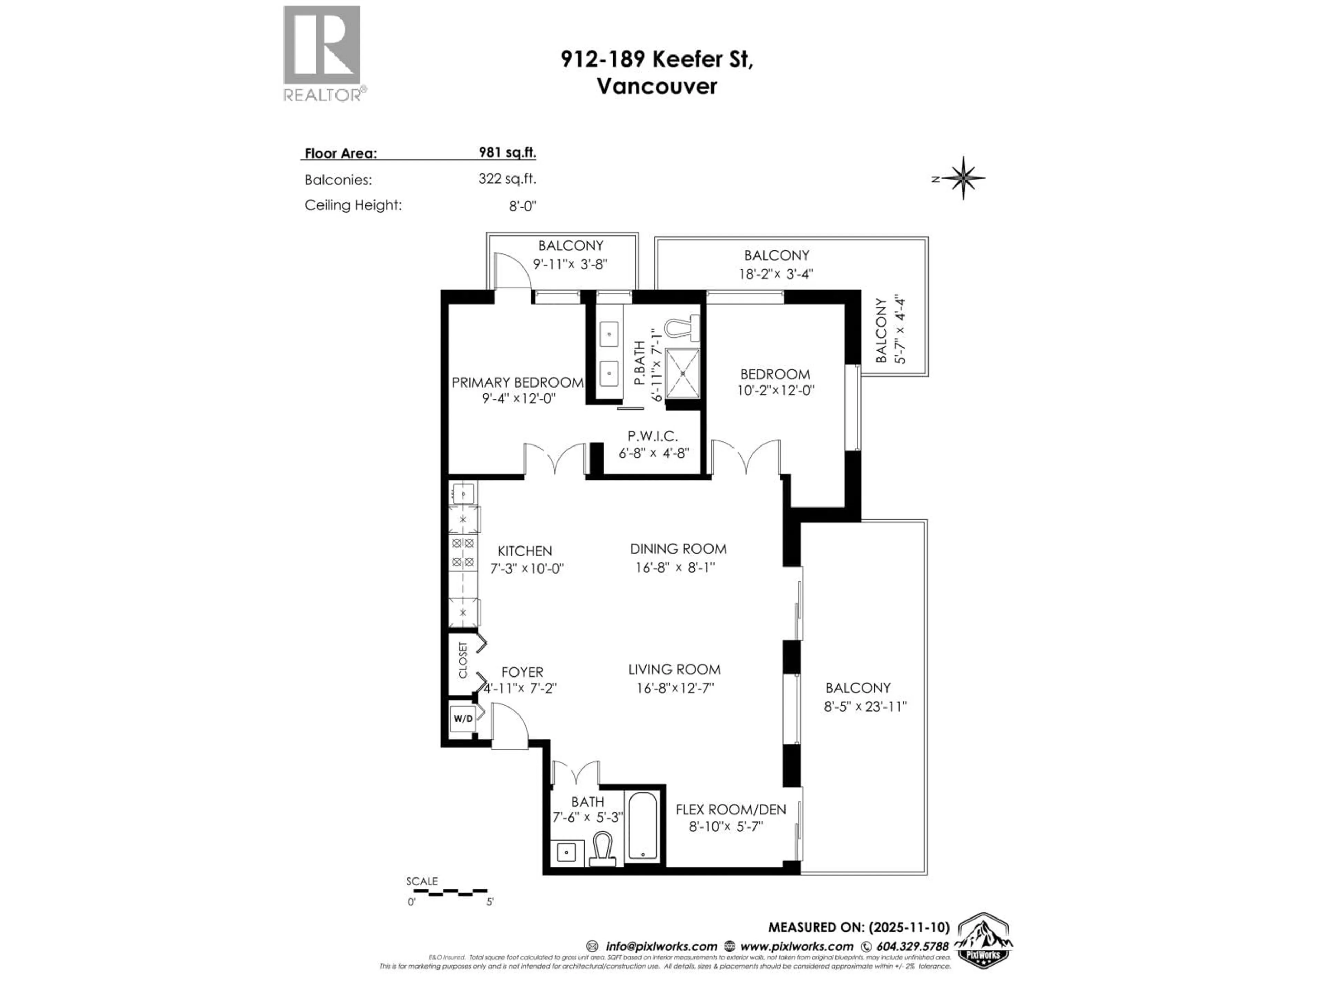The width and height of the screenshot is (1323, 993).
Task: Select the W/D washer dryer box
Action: [462, 718]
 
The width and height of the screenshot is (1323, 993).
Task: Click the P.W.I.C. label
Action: [653, 437]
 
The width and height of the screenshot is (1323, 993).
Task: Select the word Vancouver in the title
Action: [657, 86]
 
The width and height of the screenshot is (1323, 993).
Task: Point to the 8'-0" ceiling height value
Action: [522, 206]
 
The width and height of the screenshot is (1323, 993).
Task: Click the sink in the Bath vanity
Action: [566, 852]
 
